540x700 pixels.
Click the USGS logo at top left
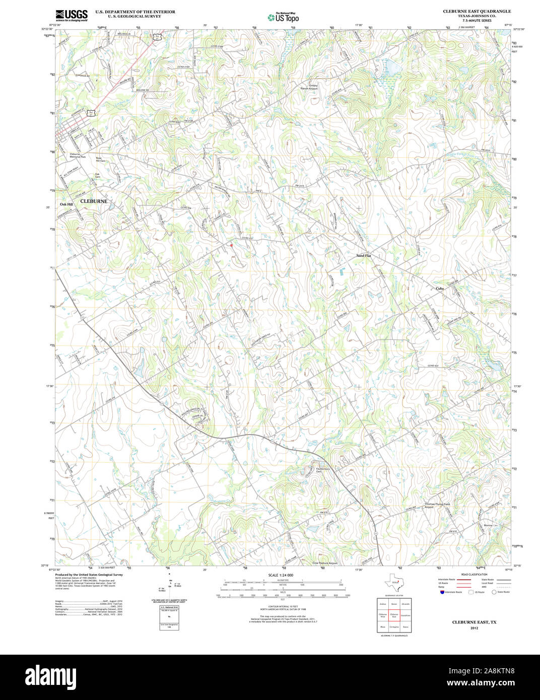[71, 15]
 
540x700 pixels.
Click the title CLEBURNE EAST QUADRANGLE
[477, 11]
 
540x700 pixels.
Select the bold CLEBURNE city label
[94, 201]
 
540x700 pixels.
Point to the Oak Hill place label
[66, 204]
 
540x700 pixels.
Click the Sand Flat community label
[363, 256]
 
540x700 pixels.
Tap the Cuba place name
[439, 289]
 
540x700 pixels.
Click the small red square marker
[231, 245]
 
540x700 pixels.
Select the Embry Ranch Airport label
[309, 87]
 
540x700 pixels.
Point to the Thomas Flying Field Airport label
[436, 505]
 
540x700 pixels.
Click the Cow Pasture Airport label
[325, 563]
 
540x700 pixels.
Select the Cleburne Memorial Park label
[78, 156]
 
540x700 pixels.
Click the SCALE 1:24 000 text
[281, 575]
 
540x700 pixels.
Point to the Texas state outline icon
[394, 583]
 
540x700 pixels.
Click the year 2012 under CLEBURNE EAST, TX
[474, 628]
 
